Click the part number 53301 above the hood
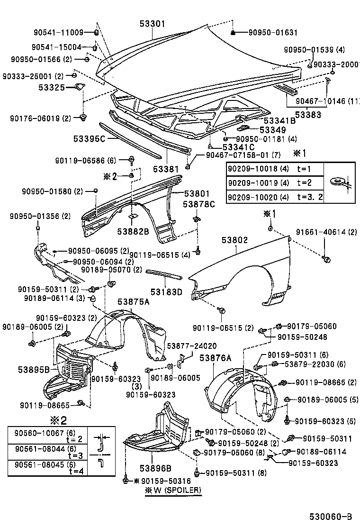152,23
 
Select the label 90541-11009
58,32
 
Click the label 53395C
89,138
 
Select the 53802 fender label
234,240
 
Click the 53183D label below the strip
166,292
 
